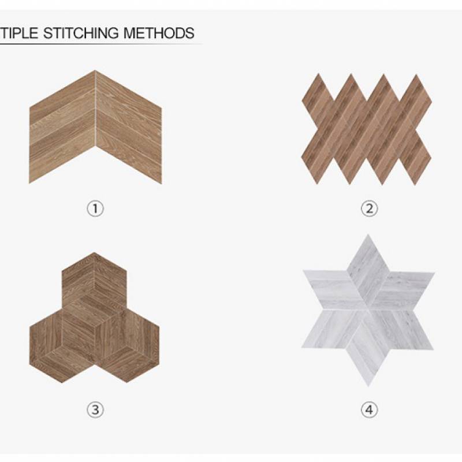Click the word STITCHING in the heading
click(x=81, y=33)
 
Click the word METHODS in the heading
click(x=159, y=33)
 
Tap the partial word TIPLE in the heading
click(x=19, y=33)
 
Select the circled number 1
click(x=95, y=208)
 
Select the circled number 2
click(x=369, y=208)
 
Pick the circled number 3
click(x=95, y=409)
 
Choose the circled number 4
click(x=369, y=409)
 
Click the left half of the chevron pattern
click(x=62, y=127)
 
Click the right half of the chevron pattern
click(x=129, y=127)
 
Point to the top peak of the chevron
click(x=95, y=70)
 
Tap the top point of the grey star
click(x=368, y=235)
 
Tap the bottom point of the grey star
click(x=368, y=386)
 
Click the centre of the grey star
click(x=368, y=310)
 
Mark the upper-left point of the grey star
click(x=304, y=270)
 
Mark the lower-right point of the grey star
click(x=433, y=349)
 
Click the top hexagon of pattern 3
click(x=94, y=290)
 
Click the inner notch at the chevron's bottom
click(x=95, y=146)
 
